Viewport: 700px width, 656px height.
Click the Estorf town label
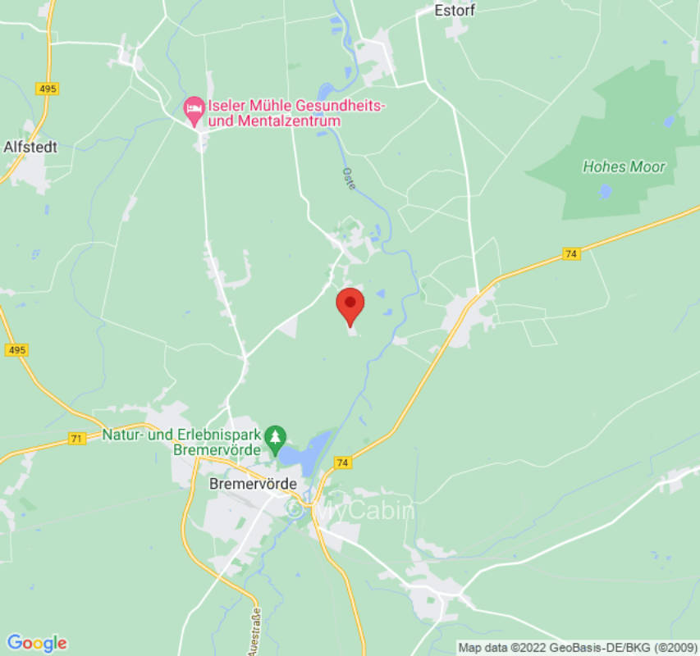pyautogui.click(x=455, y=11)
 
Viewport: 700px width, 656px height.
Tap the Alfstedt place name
pyautogui.click(x=30, y=147)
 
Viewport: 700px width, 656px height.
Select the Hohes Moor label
pyautogui.click(x=624, y=166)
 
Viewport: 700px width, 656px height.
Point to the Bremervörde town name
pyautogui.click(x=253, y=484)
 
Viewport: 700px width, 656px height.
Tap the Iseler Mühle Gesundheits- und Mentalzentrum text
pyautogui.click(x=273, y=113)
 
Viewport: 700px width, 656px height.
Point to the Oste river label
pyautogui.click(x=349, y=179)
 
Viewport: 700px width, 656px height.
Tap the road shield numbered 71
pyautogui.click(x=76, y=439)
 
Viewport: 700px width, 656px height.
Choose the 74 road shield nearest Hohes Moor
pyautogui.click(x=571, y=254)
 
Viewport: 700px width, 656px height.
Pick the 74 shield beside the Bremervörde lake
pyautogui.click(x=342, y=463)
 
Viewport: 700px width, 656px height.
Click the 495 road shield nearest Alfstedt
pyautogui.click(x=48, y=89)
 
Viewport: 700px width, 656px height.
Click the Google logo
pyautogui.click(x=36, y=643)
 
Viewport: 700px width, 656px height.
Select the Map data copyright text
pyautogui.click(x=578, y=648)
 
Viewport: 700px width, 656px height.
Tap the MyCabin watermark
pyautogui.click(x=353, y=509)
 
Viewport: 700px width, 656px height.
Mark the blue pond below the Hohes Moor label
pyautogui.click(x=606, y=191)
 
